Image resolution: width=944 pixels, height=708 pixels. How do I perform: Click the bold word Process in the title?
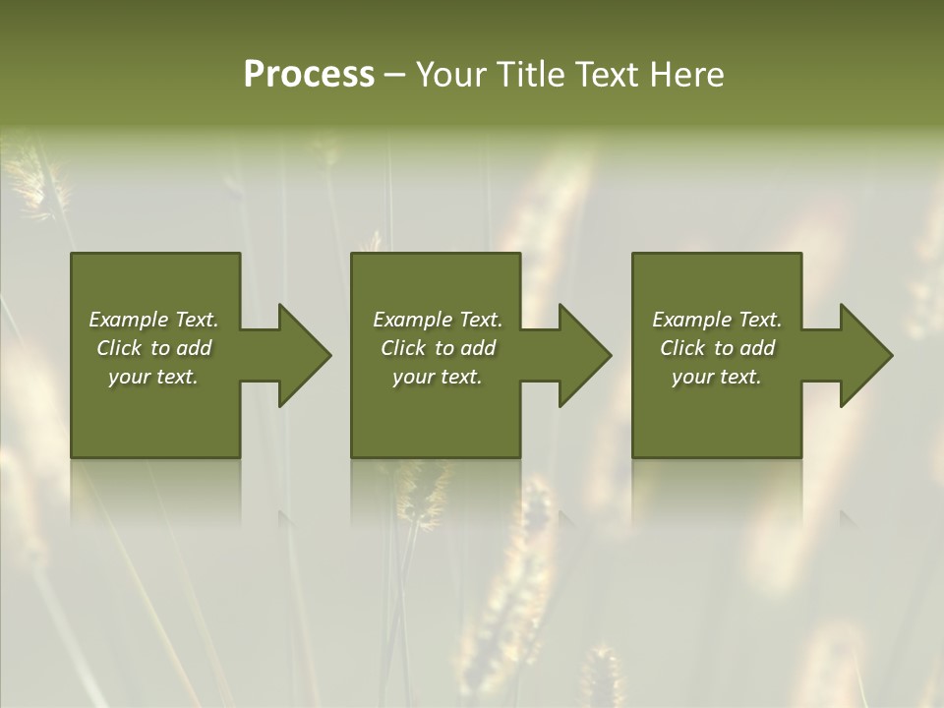tap(309, 75)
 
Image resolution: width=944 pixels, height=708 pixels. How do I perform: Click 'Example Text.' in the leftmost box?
tap(153, 320)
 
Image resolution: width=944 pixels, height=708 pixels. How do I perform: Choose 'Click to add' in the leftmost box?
tap(153, 348)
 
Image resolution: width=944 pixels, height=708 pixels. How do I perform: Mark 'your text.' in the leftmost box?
tap(153, 377)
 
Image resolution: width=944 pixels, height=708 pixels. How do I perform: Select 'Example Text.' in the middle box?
tap(438, 320)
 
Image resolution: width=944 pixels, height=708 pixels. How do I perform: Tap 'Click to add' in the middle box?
tap(438, 348)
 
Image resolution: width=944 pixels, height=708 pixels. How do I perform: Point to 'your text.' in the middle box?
tap(438, 377)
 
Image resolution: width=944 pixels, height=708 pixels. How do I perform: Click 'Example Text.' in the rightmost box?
tap(717, 320)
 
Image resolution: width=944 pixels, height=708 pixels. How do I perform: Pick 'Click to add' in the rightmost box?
tap(717, 348)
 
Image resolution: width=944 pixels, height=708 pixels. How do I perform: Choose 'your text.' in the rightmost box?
tap(717, 377)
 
